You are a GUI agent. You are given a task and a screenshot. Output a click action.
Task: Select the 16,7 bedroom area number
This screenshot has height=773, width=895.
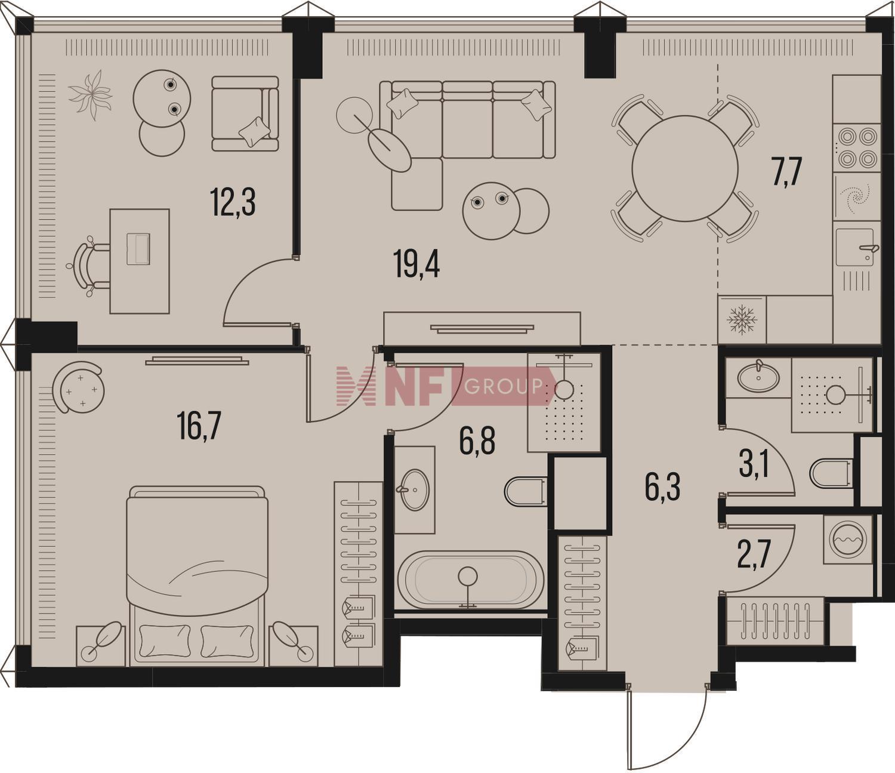(x=199, y=426)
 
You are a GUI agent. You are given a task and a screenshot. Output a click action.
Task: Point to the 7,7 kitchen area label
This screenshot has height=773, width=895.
(x=788, y=171)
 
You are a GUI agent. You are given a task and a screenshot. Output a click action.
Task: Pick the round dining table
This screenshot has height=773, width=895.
(x=684, y=168)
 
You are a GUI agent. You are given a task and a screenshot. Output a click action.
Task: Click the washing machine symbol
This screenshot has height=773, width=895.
(x=847, y=540)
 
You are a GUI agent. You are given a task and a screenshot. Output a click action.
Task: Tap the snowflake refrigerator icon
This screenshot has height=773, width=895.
(x=742, y=320)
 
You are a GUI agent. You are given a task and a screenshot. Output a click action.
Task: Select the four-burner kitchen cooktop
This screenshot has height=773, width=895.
(x=857, y=149)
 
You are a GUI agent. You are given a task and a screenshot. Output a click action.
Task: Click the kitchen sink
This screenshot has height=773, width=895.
(x=858, y=247)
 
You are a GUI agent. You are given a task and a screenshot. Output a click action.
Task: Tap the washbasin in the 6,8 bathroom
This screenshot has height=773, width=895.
(x=414, y=489)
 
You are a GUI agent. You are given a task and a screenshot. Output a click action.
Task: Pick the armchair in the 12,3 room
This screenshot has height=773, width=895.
(x=245, y=113)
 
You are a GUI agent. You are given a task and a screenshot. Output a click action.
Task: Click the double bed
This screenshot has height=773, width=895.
(x=197, y=576)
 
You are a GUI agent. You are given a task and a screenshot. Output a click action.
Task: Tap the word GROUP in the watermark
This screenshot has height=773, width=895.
(x=503, y=386)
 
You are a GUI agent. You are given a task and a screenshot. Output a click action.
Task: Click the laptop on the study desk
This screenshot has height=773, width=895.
(x=138, y=249)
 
